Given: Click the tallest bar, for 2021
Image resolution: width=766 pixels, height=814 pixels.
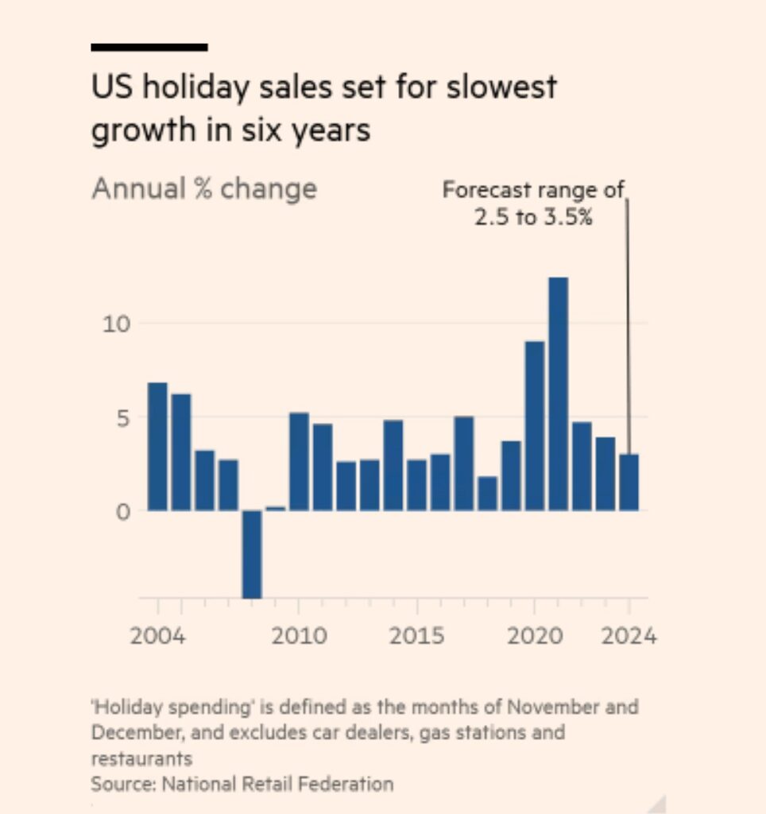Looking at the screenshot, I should coord(558,393).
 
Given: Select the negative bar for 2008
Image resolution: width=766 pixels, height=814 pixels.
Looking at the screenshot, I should coord(252,553).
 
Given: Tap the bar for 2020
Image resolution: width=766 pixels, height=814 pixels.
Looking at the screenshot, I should coord(535,425).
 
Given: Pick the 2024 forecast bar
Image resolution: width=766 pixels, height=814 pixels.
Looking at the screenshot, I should coord(629,482).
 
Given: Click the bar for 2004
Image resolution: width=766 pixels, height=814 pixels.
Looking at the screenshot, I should coord(157,446).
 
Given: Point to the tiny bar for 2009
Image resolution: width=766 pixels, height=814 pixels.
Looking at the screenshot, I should coord(275,508).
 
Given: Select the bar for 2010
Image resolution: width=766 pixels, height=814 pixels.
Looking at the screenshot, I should coord(299,461).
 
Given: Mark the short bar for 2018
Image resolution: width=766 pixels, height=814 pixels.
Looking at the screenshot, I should coord(487,493).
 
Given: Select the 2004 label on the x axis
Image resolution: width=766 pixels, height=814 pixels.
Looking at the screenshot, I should coord(157,636).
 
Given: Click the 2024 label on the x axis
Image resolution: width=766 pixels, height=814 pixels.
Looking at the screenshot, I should coord(628,636).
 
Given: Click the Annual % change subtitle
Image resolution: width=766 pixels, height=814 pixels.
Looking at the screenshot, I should coord(204,189).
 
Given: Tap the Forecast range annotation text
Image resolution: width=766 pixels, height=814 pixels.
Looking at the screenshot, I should coord(534,203).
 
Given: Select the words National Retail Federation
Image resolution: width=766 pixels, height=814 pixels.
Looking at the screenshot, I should coord(277,784).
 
